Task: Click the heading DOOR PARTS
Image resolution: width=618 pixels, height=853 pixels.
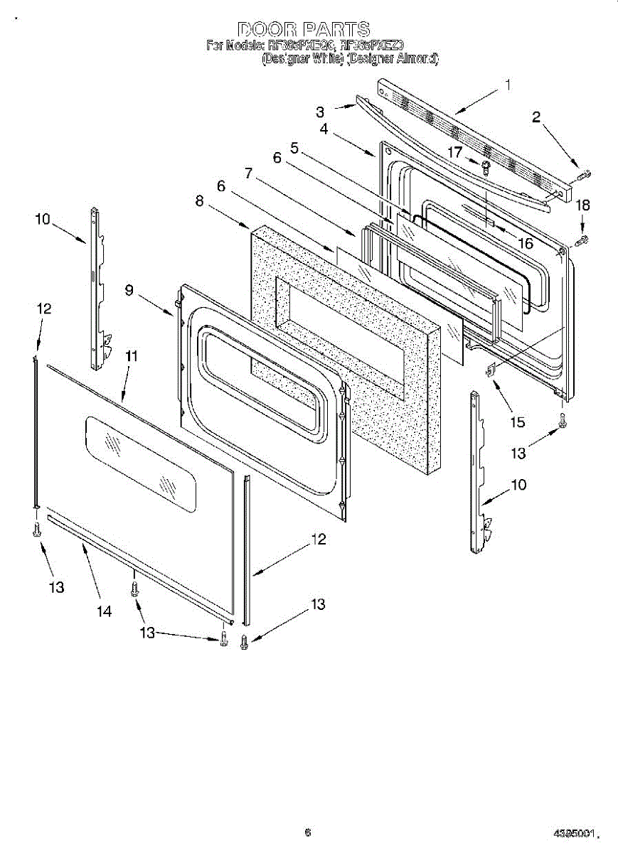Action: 304,29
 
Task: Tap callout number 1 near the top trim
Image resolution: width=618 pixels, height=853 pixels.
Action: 508,85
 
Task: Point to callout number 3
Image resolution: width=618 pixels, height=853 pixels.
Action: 321,112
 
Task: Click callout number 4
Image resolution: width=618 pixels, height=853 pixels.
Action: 324,129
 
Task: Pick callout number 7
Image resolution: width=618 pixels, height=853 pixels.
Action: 247,173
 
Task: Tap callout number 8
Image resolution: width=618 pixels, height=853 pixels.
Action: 200,201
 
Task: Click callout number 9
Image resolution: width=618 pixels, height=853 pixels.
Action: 129,290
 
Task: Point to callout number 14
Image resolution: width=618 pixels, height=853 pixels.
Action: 105,611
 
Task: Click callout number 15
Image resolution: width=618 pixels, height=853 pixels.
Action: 517,422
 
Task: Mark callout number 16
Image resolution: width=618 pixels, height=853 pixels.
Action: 525,243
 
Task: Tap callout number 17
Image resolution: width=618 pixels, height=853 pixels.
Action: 455,151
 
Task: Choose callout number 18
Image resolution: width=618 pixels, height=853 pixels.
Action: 582,205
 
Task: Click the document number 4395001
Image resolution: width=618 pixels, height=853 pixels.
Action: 574,832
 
